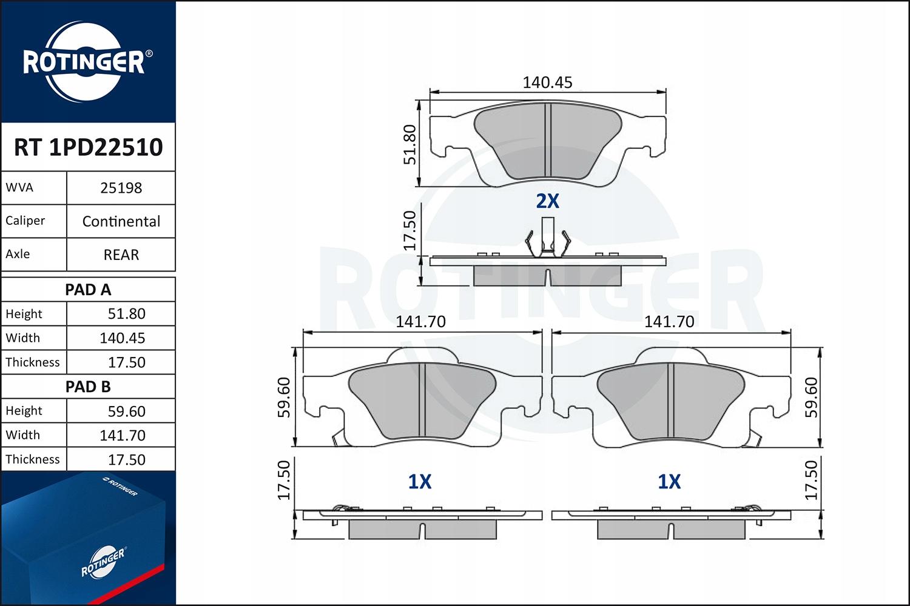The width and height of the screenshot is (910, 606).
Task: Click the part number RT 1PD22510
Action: [88, 147]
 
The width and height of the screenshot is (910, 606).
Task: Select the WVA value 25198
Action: [121, 188]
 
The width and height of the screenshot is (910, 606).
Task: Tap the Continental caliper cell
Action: [121, 221]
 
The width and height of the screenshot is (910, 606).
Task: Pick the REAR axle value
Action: [121, 255]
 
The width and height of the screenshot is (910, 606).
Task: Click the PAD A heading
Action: [88, 290]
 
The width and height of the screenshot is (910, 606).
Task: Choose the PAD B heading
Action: [88, 387]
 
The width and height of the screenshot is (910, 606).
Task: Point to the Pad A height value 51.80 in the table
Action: [126, 314]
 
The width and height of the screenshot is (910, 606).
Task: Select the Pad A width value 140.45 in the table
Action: [123, 338]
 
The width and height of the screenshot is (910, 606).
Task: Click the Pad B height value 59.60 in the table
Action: [126, 411]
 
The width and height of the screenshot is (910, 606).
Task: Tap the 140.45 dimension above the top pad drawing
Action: [547, 82]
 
